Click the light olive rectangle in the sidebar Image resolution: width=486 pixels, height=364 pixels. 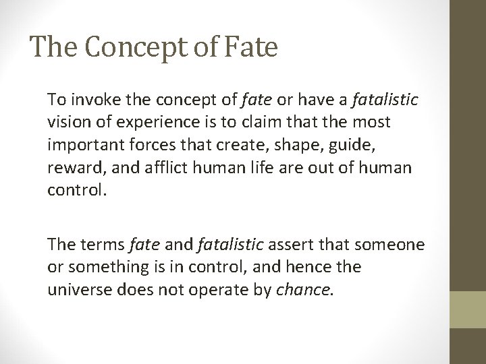[469, 308]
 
